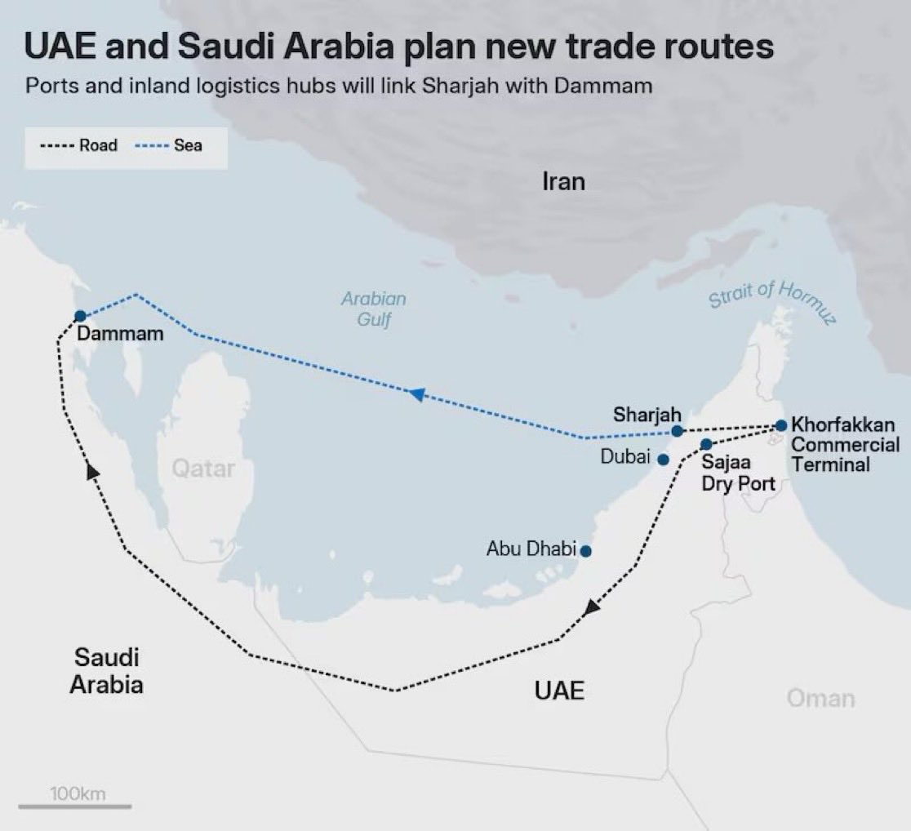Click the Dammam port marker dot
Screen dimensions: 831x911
pos(80,316)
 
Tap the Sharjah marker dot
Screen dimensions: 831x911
pos(677,431)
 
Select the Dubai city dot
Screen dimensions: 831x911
pos(663,460)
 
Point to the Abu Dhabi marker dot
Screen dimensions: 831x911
pos(584,551)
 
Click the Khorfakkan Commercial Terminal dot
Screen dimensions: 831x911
pos(781,425)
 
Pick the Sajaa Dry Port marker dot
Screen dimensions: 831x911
pos(706,444)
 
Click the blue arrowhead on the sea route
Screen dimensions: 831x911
pos(417,394)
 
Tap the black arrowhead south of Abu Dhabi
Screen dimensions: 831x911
pos(592,607)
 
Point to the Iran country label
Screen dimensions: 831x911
pos(563,180)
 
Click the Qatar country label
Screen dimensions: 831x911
pos(203,469)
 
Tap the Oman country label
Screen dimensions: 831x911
pos(820,698)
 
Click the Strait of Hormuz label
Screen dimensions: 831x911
pos(771,301)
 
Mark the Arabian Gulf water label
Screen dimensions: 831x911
pos(373,309)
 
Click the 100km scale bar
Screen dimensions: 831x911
pos(75,806)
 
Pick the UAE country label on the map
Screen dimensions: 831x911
pos(559,691)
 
